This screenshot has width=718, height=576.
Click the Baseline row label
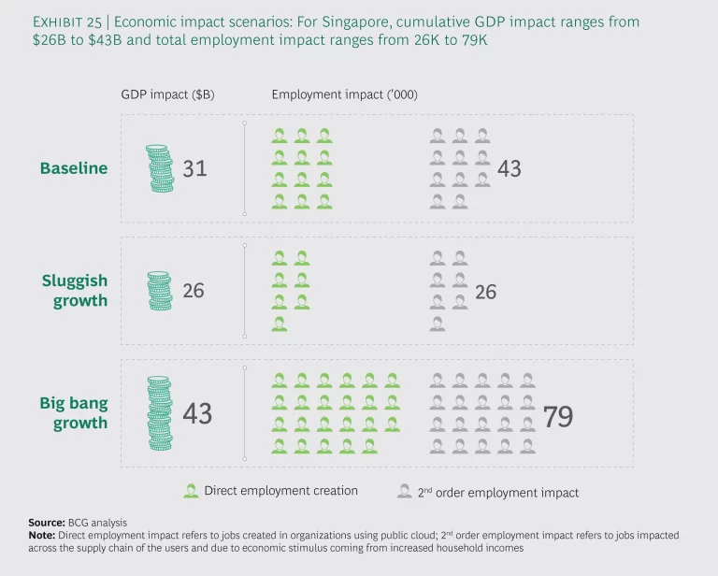(x=73, y=168)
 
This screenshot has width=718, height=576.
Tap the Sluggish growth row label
(x=74, y=291)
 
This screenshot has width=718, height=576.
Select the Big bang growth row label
(x=73, y=412)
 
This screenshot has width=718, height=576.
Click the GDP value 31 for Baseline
(x=194, y=169)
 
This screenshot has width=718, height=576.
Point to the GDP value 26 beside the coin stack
(x=194, y=291)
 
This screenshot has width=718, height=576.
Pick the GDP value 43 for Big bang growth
(x=197, y=412)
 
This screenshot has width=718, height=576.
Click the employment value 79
(x=558, y=416)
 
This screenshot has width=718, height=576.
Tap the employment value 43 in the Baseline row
(x=510, y=169)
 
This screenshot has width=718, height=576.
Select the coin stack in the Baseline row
(x=161, y=169)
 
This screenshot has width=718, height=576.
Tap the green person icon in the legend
(x=192, y=491)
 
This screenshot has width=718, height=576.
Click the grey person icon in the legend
(x=404, y=491)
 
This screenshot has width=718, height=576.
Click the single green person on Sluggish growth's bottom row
(x=280, y=324)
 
